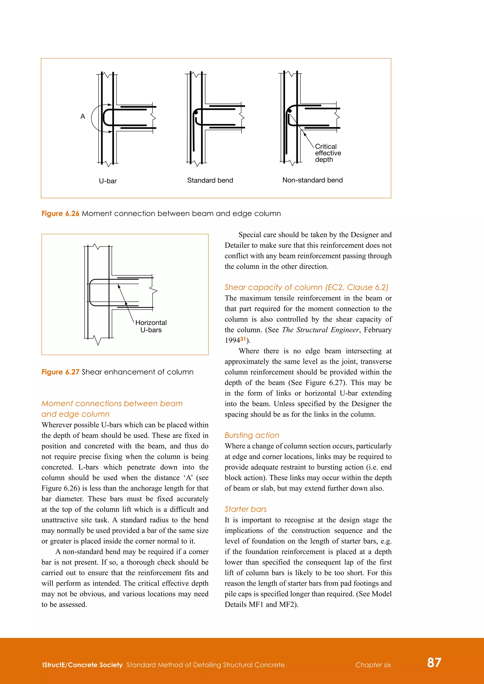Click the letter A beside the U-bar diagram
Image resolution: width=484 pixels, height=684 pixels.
(x=83, y=116)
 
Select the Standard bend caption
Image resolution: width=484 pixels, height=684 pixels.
(x=210, y=180)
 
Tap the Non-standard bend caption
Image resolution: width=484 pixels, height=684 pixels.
(x=312, y=180)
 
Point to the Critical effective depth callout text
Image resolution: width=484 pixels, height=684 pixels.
(x=328, y=153)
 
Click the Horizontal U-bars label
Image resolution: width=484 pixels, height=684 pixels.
(x=151, y=326)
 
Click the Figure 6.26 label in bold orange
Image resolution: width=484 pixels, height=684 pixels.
(x=60, y=214)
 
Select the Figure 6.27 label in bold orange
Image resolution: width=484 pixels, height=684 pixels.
(x=60, y=372)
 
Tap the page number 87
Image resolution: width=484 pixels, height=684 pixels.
(x=434, y=663)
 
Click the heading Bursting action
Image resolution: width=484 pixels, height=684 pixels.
(x=252, y=435)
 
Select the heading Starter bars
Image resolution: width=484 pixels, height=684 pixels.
(x=246, y=509)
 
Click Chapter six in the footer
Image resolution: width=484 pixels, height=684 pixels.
(x=373, y=665)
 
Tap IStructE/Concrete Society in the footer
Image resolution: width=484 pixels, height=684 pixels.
(x=82, y=665)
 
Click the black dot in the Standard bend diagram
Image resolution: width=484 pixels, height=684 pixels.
(x=196, y=113)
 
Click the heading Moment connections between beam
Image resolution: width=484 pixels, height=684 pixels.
(x=112, y=403)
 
